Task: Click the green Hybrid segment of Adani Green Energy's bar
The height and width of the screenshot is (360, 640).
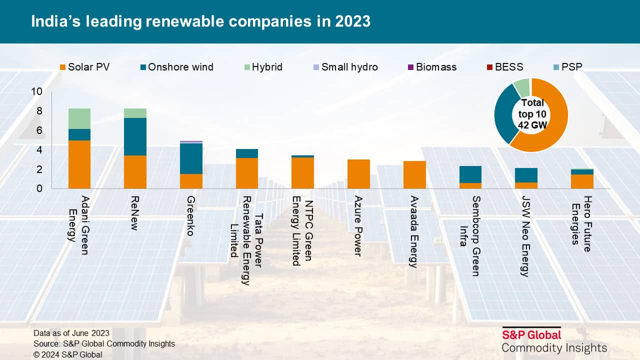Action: pyautogui.click(x=79, y=118)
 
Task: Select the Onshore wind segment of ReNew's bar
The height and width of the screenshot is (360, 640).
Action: pyautogui.click(x=135, y=136)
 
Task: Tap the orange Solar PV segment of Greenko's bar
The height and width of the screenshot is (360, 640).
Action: pyautogui.click(x=191, y=181)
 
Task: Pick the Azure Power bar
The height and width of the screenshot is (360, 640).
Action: pyautogui.click(x=358, y=174)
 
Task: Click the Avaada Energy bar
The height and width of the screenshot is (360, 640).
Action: pyautogui.click(x=414, y=174)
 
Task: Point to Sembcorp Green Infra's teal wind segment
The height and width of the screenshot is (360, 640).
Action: pyautogui.click(x=470, y=174)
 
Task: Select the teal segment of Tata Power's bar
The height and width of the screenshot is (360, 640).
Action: pyautogui.click(x=247, y=153)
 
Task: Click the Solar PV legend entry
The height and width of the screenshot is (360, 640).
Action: pyautogui.click(x=84, y=67)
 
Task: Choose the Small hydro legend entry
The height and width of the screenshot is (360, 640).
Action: pyautogui.click(x=345, y=67)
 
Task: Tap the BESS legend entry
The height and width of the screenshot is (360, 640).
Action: pyautogui.click(x=504, y=67)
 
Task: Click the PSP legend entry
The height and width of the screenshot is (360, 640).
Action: pyautogui.click(x=567, y=67)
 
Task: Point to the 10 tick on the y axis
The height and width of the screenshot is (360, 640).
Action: pyautogui.click(x=36, y=91)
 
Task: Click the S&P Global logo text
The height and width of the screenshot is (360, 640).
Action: pyautogui.click(x=531, y=334)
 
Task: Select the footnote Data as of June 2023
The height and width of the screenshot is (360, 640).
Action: pyautogui.click(x=71, y=333)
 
